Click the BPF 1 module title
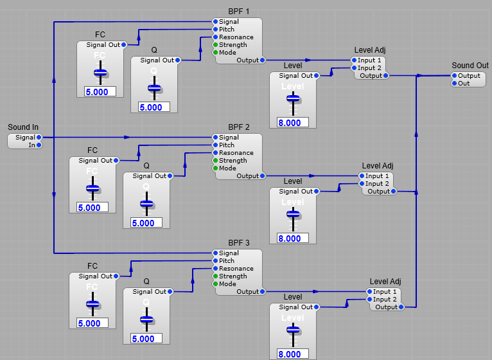click(x=239, y=12)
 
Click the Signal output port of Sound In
click(x=39, y=137)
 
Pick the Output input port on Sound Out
click(x=453, y=76)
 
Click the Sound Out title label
click(x=470, y=66)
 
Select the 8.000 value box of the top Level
click(x=293, y=123)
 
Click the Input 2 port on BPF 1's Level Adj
click(x=353, y=68)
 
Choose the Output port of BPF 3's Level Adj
click(x=401, y=307)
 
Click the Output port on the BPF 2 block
click(x=262, y=176)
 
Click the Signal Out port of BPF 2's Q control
click(x=170, y=176)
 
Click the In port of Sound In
click(x=39, y=145)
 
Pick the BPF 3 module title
click(x=239, y=243)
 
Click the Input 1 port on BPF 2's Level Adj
click(x=361, y=176)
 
